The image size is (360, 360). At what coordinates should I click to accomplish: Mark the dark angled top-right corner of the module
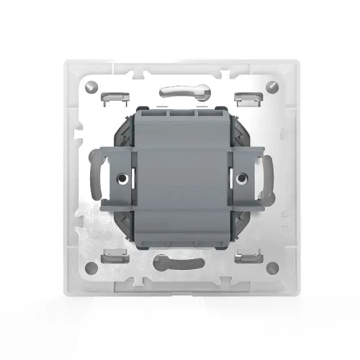[238, 122]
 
